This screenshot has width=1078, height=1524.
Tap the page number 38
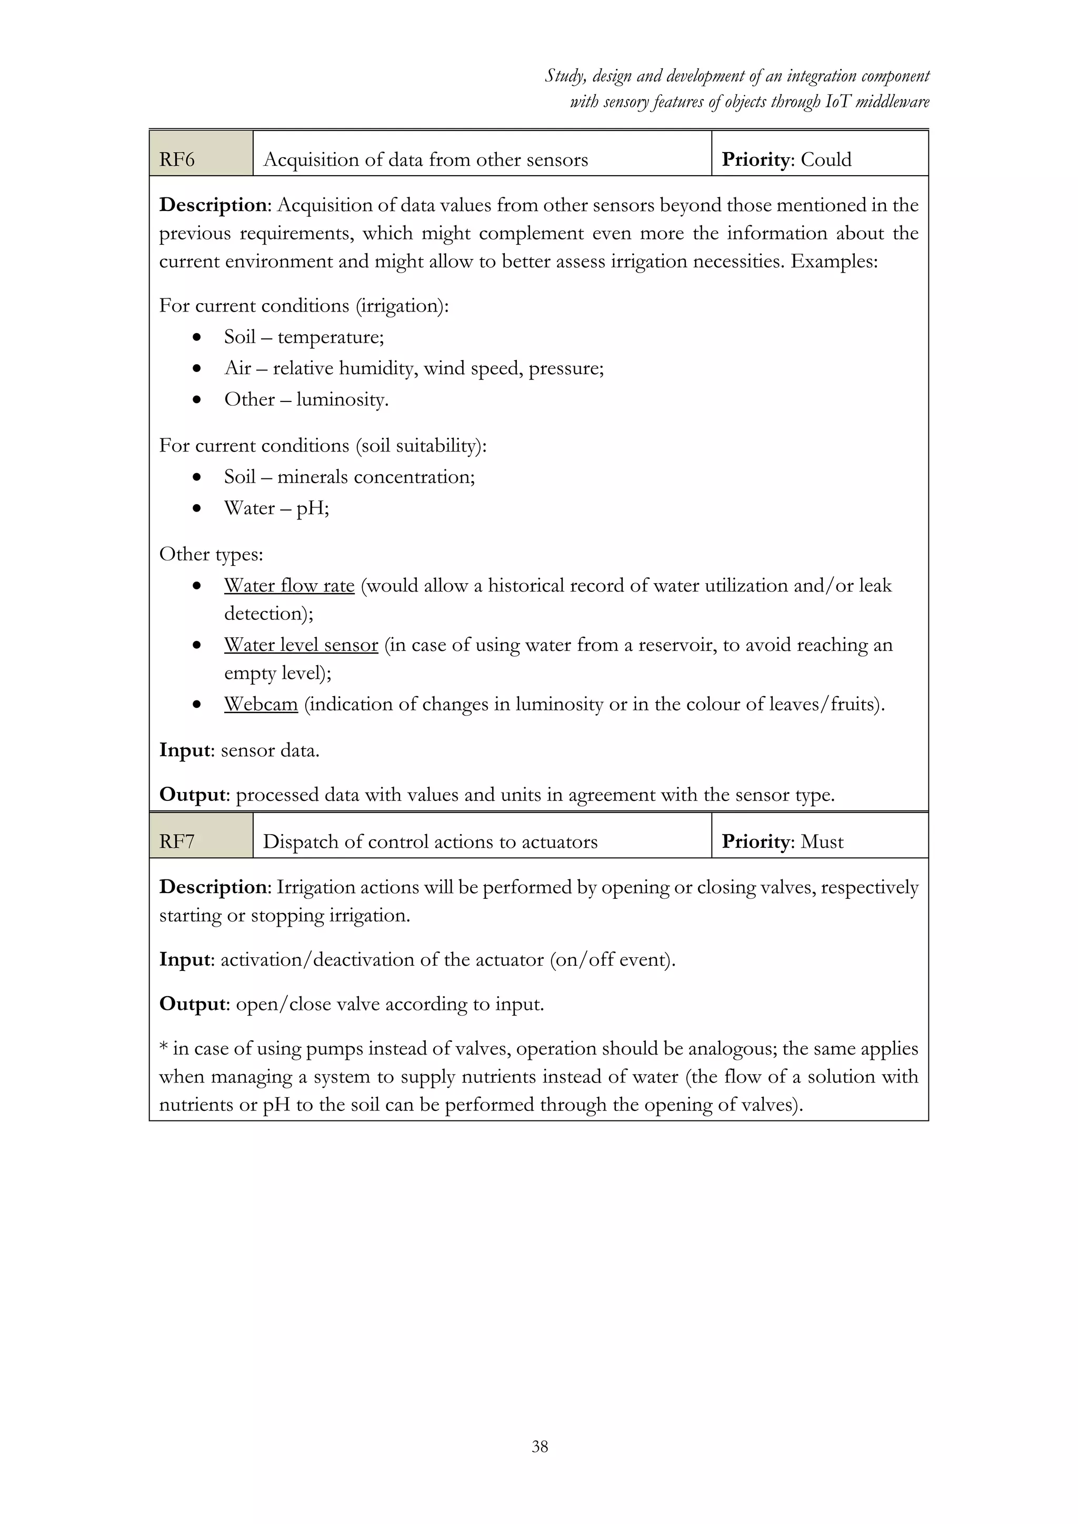pyautogui.click(x=540, y=1446)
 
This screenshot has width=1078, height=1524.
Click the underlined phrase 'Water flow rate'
pyautogui.click(x=290, y=585)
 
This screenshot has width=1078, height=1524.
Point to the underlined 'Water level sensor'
pyautogui.click(x=301, y=645)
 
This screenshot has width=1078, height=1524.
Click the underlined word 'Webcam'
pyautogui.click(x=261, y=704)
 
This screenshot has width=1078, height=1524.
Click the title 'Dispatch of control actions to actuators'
pyautogui.click(x=430, y=841)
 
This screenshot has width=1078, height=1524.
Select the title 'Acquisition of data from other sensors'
pyautogui.click(x=425, y=159)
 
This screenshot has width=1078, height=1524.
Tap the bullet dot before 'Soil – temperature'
pyautogui.click(x=196, y=337)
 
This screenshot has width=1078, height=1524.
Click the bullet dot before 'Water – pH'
pyautogui.click(x=196, y=508)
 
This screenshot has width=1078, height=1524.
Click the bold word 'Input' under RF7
pyautogui.click(x=185, y=959)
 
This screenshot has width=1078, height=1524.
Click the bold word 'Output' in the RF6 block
pyautogui.click(x=193, y=795)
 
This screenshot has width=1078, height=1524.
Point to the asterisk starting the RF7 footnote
pyautogui.click(x=163, y=1047)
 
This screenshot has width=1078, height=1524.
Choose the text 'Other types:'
pyautogui.click(x=211, y=554)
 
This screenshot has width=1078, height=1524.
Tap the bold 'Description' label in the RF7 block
pyautogui.click(x=213, y=887)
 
